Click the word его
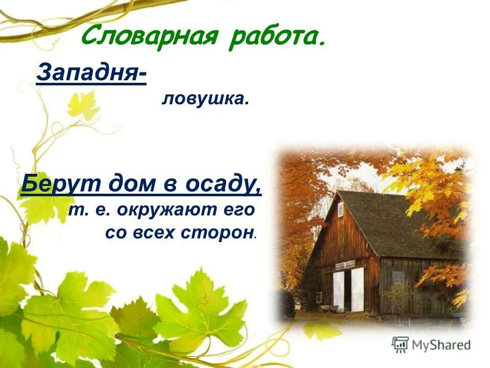pyautogui.click(x=239, y=210)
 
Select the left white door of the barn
pyautogui.click(x=338, y=290)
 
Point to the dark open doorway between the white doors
pyautogui.click(x=348, y=291)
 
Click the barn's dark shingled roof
pyautogui.click(x=388, y=220)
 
